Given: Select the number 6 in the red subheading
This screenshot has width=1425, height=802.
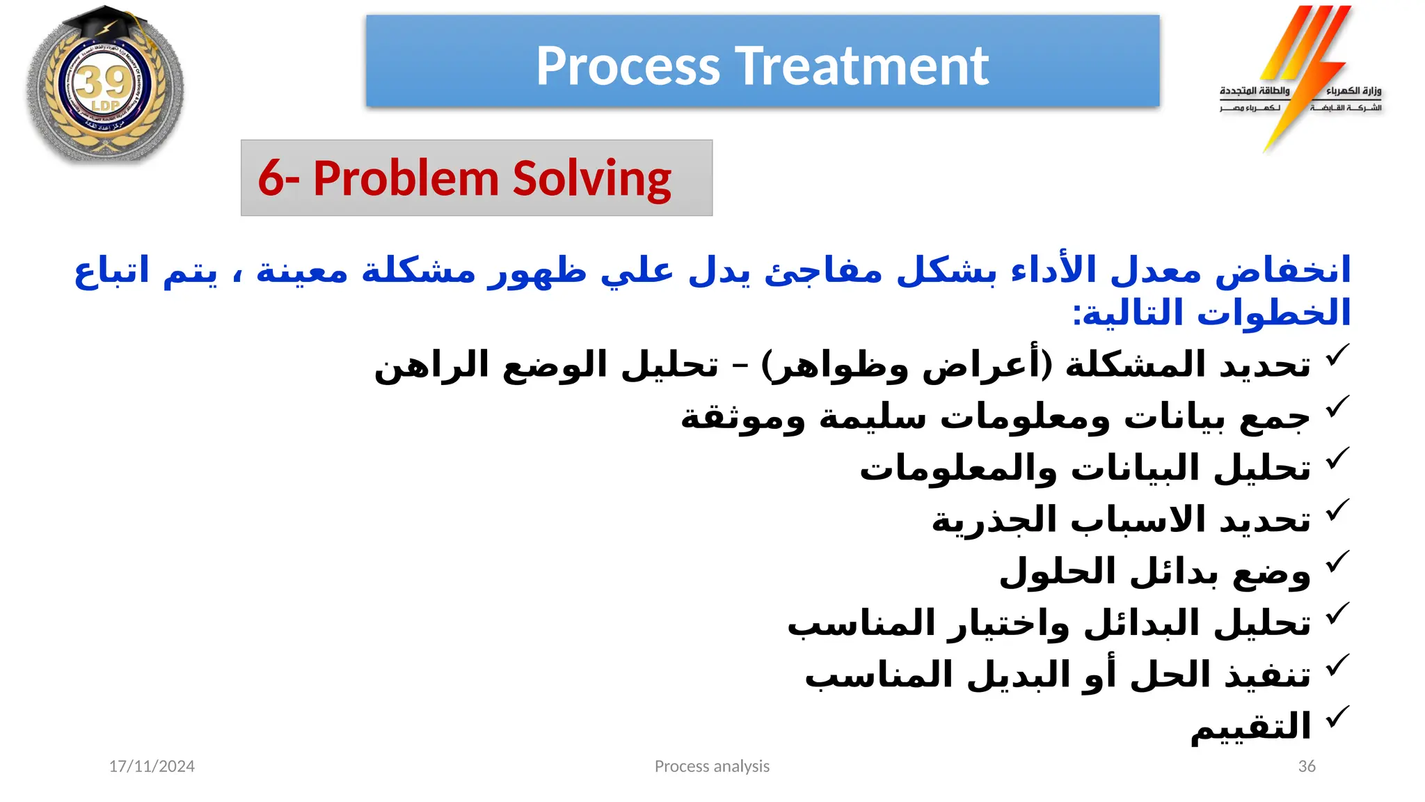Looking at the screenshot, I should [271, 178].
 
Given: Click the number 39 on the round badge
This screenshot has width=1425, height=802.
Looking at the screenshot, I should [104, 84].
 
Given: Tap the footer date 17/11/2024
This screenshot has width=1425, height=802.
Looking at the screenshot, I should [152, 766].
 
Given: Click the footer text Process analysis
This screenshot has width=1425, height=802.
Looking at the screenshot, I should [712, 766].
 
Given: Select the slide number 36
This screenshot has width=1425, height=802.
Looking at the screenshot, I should [1307, 766].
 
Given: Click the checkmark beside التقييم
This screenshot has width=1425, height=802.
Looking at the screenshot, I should [1337, 718].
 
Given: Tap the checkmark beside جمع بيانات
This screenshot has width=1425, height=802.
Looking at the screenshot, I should [1337, 407].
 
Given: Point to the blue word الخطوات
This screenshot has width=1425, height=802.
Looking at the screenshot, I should [1273, 313].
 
